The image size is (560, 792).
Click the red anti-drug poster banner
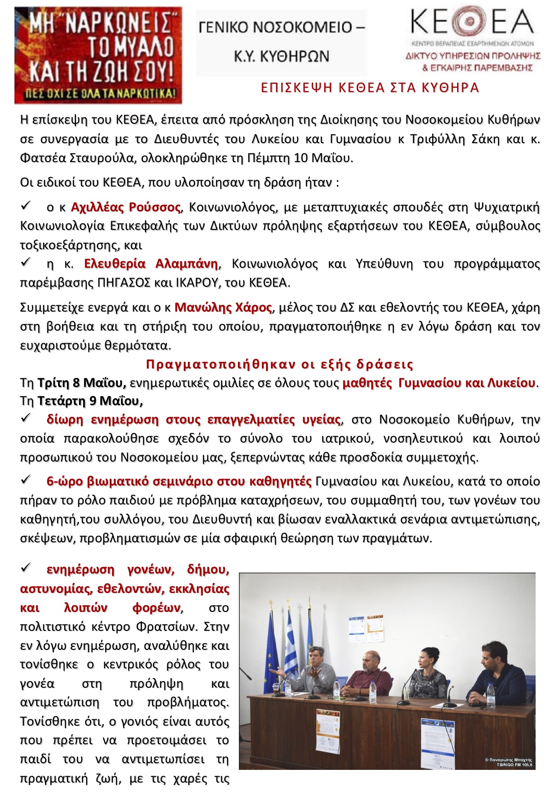click(x=98, y=55)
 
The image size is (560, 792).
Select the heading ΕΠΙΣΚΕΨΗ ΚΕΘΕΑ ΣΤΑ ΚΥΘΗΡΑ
click(x=370, y=88)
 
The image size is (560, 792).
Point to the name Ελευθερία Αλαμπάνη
click(x=151, y=264)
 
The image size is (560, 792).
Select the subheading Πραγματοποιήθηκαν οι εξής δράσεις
click(x=280, y=364)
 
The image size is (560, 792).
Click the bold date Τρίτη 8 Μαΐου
click(x=81, y=383)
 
